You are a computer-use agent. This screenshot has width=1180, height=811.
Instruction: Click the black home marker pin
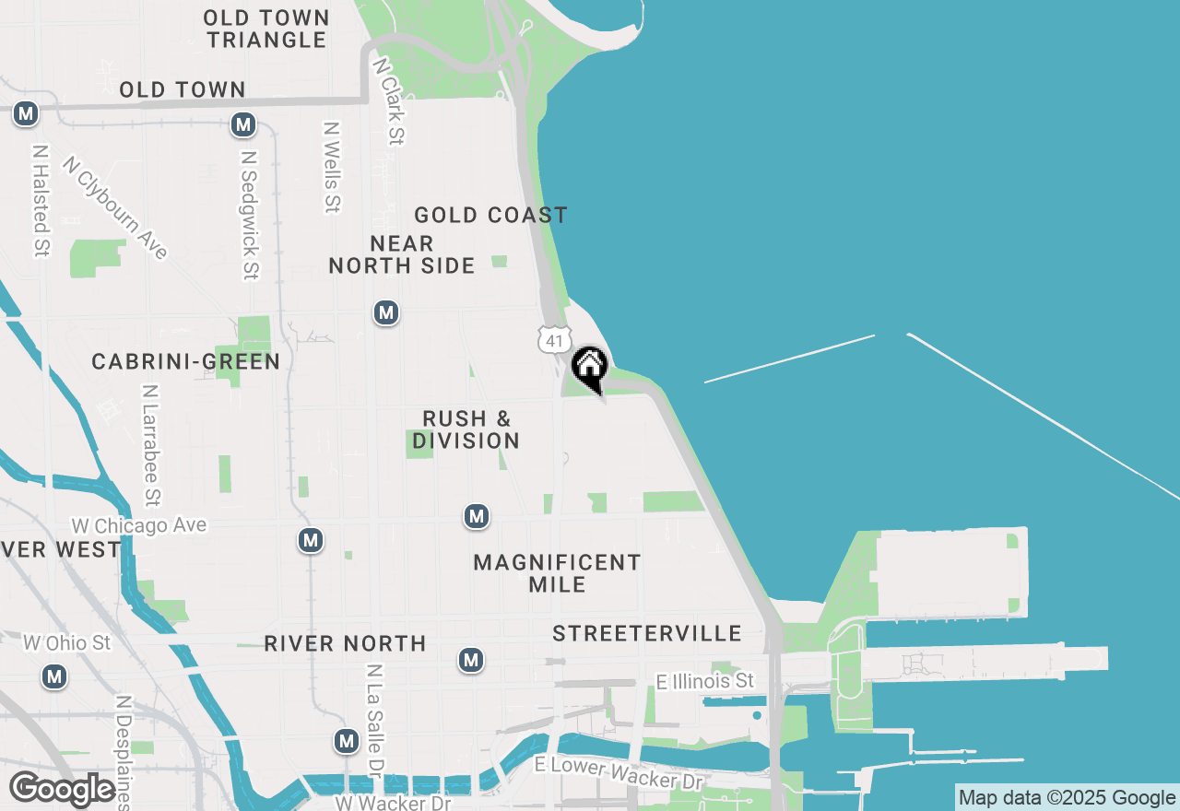tap(589, 369)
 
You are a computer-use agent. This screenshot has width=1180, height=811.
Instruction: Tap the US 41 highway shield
tap(553, 340)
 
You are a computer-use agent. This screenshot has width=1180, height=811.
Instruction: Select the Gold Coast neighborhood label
tap(490, 216)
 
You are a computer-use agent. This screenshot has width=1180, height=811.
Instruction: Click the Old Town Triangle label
tap(266, 29)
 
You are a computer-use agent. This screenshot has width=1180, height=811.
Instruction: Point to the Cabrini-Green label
tap(185, 361)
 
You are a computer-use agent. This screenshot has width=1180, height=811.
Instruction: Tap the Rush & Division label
tap(466, 429)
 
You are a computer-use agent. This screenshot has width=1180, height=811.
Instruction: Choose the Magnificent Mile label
tap(557, 572)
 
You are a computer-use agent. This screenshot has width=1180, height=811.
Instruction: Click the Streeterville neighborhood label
tap(647, 633)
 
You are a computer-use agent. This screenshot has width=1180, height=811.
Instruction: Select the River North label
tap(345, 643)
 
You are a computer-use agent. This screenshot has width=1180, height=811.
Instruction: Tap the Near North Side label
tap(402, 254)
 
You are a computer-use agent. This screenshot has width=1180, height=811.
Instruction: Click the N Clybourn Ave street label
tap(115, 207)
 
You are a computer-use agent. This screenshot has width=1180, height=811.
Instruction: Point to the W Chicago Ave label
tap(139, 525)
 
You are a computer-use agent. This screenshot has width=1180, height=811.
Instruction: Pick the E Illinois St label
tap(705, 681)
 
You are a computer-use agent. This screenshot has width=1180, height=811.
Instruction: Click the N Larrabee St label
tap(151, 445)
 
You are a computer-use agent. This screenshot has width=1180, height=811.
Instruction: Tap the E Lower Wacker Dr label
tap(619, 773)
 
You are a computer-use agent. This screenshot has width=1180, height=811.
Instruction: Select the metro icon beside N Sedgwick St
tap(243, 124)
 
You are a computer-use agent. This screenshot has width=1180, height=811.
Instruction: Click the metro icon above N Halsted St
tap(26, 114)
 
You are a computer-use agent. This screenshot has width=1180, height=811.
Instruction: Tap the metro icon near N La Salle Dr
tap(347, 741)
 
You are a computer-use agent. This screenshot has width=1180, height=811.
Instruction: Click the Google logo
tap(62, 790)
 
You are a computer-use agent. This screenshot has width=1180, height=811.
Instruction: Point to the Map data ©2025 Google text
tap(1067, 798)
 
